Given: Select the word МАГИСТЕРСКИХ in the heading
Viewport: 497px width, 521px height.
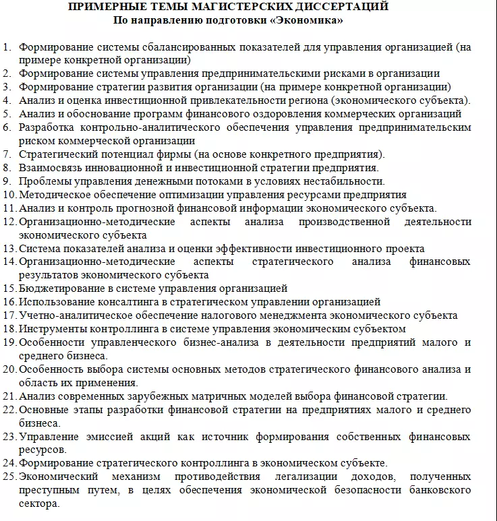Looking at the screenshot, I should point(218,7).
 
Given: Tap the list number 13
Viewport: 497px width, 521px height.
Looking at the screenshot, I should point(9,248).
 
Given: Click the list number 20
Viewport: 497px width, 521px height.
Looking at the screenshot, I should point(9,369).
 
